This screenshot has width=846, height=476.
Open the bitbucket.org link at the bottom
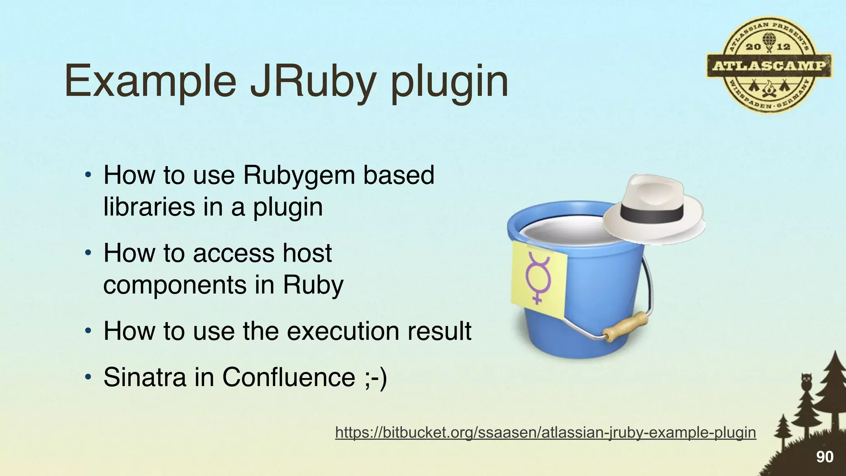tap(545, 432)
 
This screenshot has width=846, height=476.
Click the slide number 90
tap(825, 457)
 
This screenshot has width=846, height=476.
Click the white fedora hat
tap(653, 207)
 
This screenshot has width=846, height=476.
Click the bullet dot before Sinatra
tap(87, 377)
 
